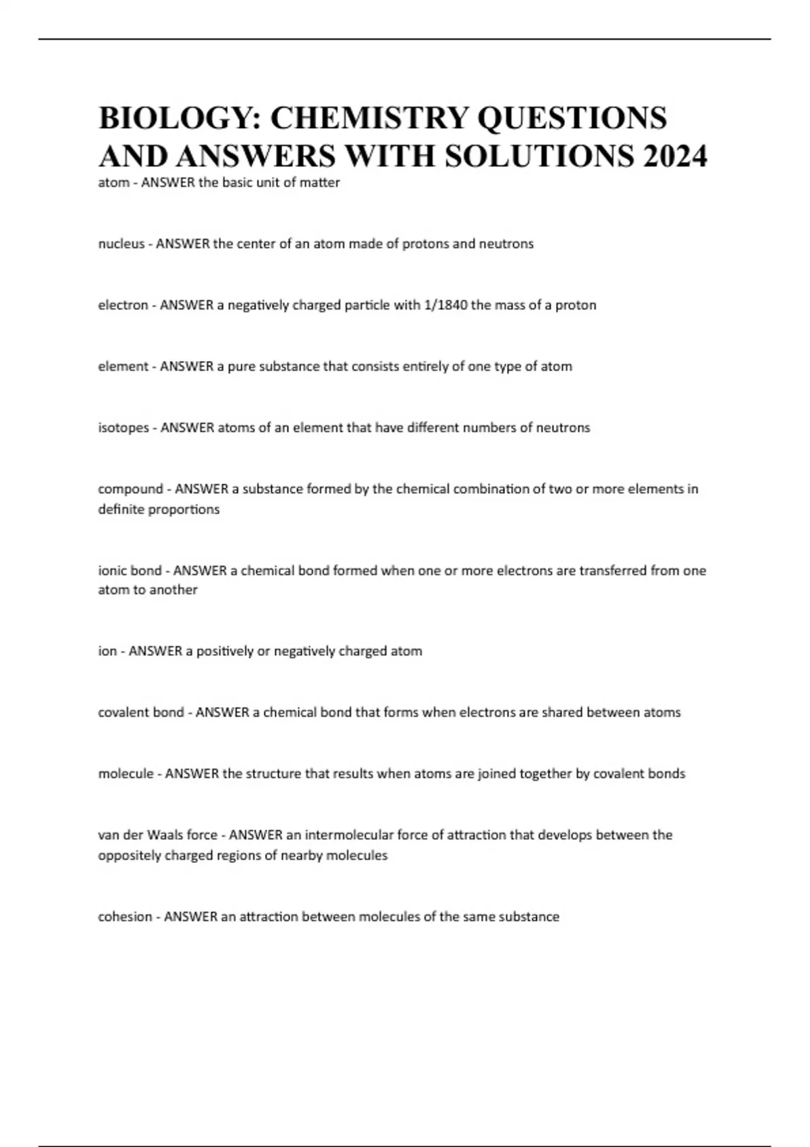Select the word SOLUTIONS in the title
(539, 157)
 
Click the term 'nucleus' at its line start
(122, 244)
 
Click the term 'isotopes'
(124, 428)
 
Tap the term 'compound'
(130, 488)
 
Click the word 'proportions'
(184, 509)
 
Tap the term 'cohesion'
(125, 917)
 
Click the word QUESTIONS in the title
(572, 118)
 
